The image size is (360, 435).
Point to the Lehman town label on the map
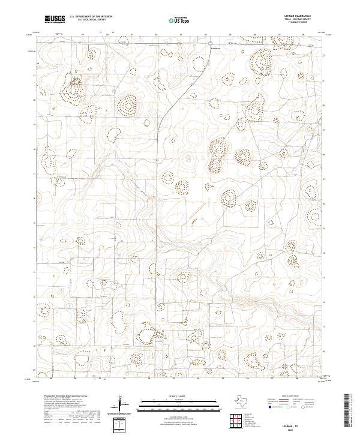pyautogui.click(x=216, y=48)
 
